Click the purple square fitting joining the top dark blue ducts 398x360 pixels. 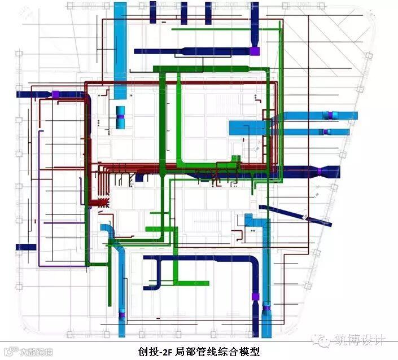[x=255, y=51]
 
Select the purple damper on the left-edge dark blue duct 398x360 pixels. [x=56, y=94]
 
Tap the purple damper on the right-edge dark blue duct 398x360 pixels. [x=319, y=171]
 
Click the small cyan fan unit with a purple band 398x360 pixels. [x=120, y=120]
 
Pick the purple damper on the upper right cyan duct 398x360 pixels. [x=329, y=115]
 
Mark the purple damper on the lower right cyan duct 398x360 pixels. [x=326, y=131]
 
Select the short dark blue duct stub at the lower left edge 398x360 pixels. [x=26, y=247]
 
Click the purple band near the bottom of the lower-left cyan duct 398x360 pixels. [x=122, y=313]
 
